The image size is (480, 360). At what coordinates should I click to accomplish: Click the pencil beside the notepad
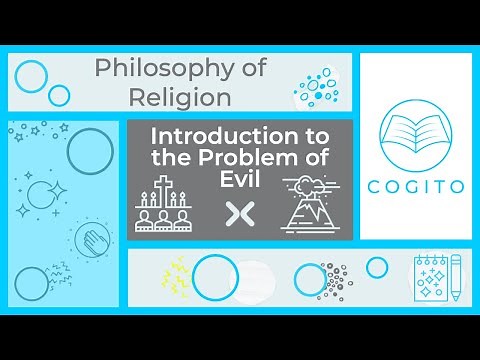coord(455,277)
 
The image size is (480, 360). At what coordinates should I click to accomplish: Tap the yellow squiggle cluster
coord(178,274)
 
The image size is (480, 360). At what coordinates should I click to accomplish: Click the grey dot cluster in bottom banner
coord(335,279)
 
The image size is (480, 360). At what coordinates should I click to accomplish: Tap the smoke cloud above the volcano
coord(304,183)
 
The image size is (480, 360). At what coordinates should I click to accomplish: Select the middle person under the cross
coord(168,217)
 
